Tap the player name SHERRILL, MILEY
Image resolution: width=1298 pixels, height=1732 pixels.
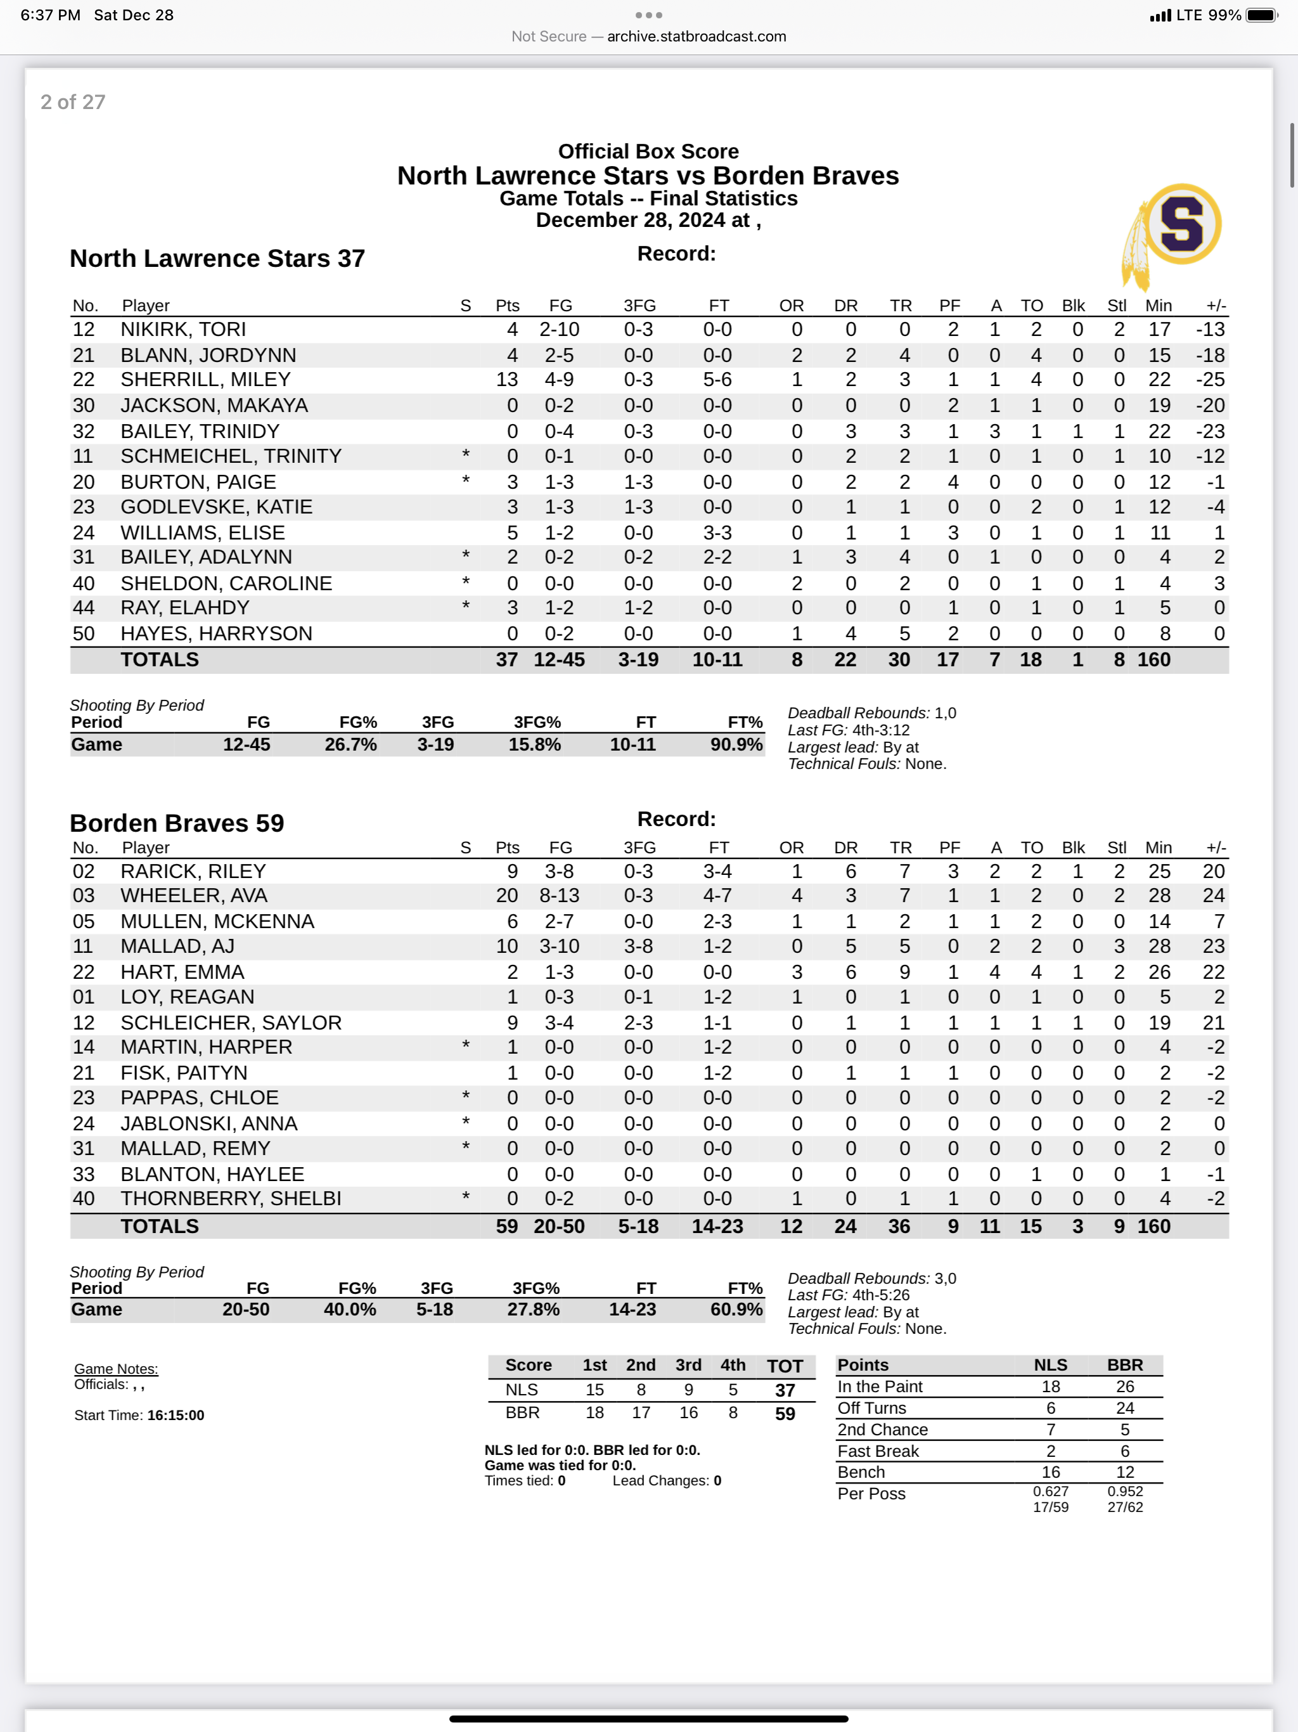point(205,380)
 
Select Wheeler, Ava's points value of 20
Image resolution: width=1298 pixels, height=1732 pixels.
point(506,896)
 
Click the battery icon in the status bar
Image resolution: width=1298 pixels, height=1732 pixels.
point(1261,15)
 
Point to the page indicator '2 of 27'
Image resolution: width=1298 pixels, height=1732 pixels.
point(73,102)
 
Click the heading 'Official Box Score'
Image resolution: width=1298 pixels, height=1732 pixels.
point(648,151)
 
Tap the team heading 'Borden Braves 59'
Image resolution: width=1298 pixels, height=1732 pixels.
point(177,823)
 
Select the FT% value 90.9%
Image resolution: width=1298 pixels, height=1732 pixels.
point(736,745)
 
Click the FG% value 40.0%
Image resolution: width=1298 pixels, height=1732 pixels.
point(350,1309)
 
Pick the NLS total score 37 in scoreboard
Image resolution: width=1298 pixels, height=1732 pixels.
point(785,1391)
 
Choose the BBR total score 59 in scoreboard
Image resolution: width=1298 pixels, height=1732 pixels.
point(785,1413)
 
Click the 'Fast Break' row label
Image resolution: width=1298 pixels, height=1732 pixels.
point(878,1451)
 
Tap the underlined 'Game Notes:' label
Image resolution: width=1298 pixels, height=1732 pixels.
point(116,1369)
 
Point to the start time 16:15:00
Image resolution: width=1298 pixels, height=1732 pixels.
point(176,1415)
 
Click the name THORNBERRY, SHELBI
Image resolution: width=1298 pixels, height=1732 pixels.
point(230,1199)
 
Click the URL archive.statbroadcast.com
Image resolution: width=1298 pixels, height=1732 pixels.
point(696,36)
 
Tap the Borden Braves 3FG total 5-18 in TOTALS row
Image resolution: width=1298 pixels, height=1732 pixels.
point(638,1226)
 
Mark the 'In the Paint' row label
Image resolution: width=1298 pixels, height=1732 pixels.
point(880,1386)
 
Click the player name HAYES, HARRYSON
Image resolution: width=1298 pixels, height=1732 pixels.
point(216,633)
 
